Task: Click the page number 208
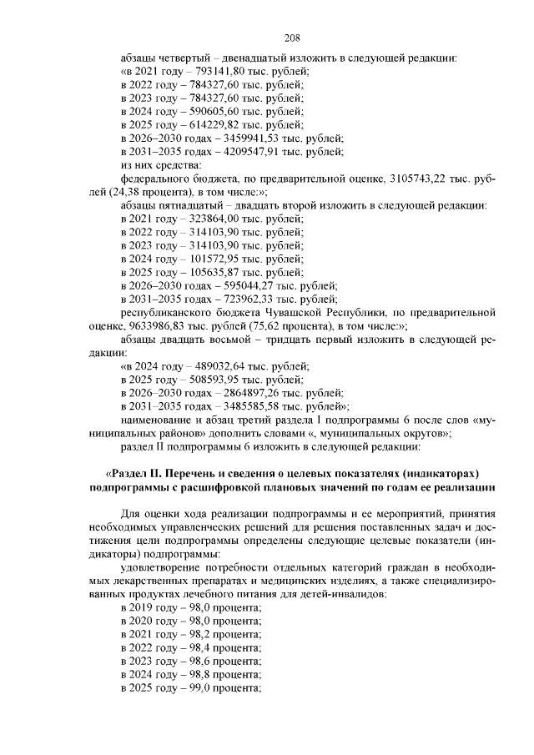point(291,38)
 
